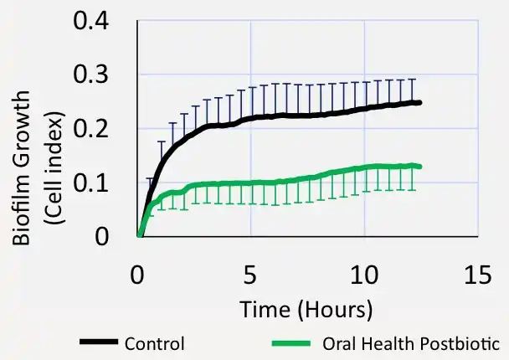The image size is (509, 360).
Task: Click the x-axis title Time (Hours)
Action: click(x=306, y=309)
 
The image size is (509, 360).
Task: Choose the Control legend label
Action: click(x=154, y=343)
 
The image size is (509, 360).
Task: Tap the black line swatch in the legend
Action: click(x=100, y=342)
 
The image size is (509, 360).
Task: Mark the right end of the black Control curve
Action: click(x=419, y=102)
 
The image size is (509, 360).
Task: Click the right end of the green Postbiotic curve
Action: click(x=419, y=167)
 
